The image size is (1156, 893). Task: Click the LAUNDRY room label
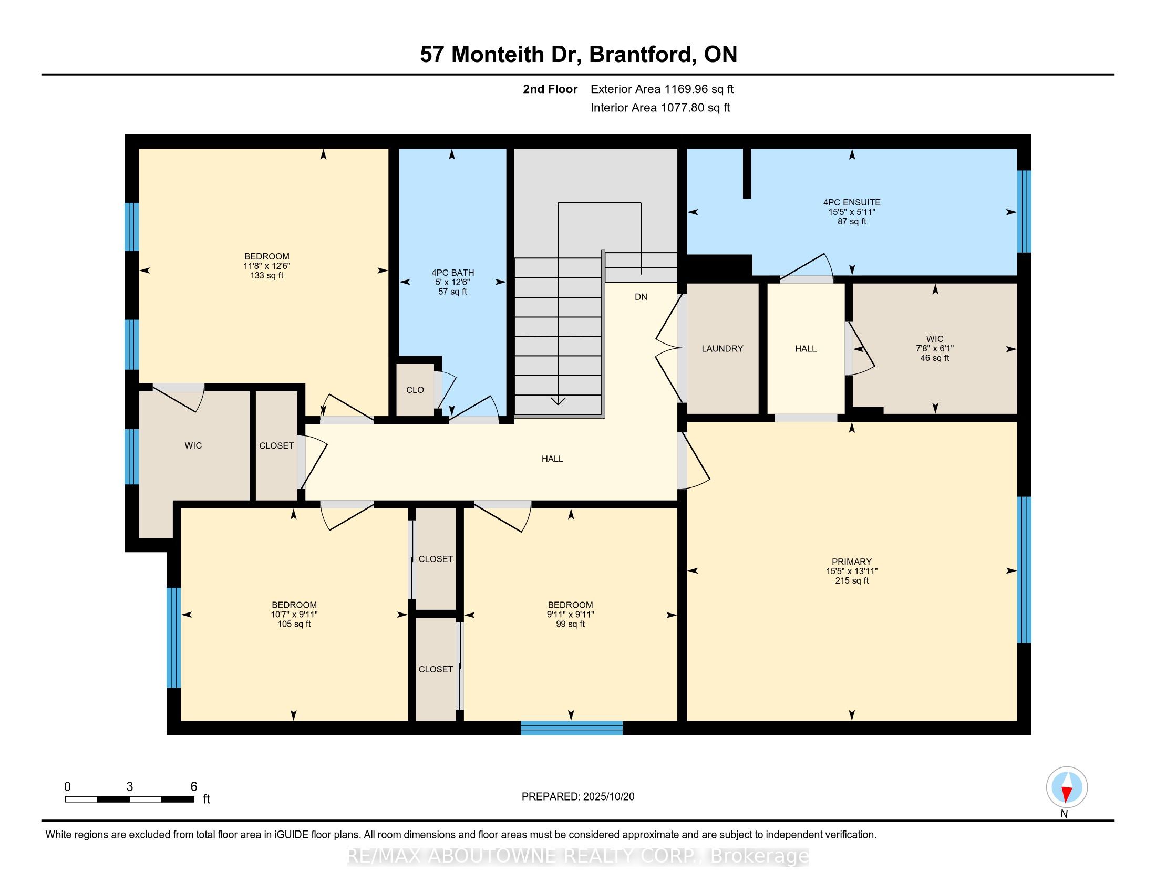(722, 349)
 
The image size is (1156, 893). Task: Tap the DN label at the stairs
(641, 297)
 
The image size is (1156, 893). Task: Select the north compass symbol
(1067, 787)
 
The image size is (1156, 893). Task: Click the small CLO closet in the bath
(415, 390)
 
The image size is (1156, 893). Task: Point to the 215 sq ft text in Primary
(851, 581)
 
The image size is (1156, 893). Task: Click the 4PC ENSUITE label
(851, 202)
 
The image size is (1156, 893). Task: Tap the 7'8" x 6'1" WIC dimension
(934, 349)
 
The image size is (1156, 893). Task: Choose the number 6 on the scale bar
(194, 786)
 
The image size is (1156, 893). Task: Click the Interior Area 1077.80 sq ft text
(659, 108)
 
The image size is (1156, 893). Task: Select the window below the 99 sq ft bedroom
(571, 728)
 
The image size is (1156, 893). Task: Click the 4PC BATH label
(452, 273)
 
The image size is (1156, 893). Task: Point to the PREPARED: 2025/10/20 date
(577, 797)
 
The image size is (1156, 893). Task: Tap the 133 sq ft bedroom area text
(266, 276)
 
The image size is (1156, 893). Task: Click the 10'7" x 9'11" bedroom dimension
(294, 615)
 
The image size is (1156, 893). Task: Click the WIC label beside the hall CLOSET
(193, 445)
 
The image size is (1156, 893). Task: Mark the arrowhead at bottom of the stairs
(558, 401)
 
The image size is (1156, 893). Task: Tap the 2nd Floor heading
(550, 89)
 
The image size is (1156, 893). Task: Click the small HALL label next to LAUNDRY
(805, 349)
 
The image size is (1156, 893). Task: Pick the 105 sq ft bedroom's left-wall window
(173, 638)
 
